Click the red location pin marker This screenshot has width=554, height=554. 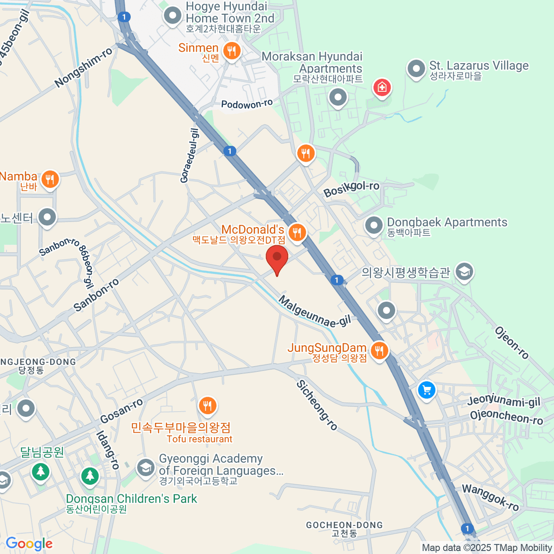coord(277,258)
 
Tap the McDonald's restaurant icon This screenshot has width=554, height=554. coord(297,232)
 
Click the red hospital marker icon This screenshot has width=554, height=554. coord(382,87)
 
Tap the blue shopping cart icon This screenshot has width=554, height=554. coord(427,390)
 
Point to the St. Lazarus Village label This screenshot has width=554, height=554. coord(478,66)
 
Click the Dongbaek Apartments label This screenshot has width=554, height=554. coord(446,223)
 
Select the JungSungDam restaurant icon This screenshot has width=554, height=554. coord(379,350)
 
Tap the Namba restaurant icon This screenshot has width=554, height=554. coord(50,179)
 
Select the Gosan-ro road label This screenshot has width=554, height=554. coord(121,411)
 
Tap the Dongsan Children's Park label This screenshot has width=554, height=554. coord(131,499)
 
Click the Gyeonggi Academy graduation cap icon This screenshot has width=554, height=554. coord(146,467)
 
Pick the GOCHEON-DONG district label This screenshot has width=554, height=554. coord(344,525)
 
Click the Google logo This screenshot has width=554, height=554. coord(29,544)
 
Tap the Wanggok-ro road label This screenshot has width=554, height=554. coord(490,498)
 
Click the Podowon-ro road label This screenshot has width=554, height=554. coord(247,104)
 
